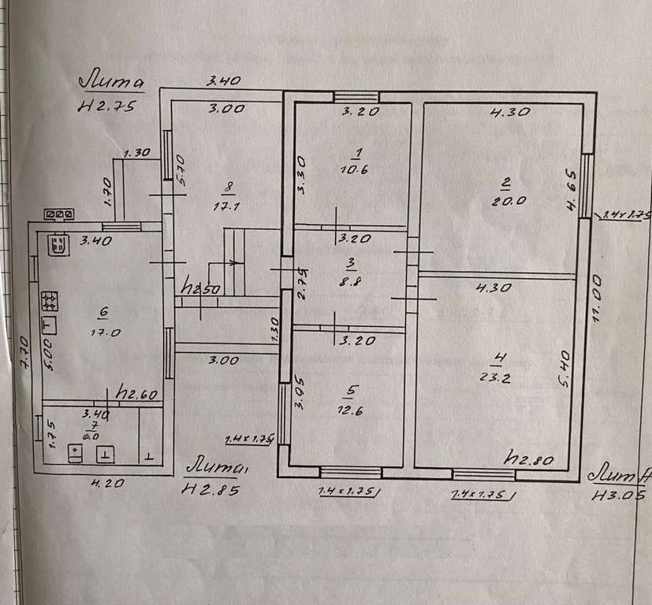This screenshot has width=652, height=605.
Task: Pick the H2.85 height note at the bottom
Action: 210,489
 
